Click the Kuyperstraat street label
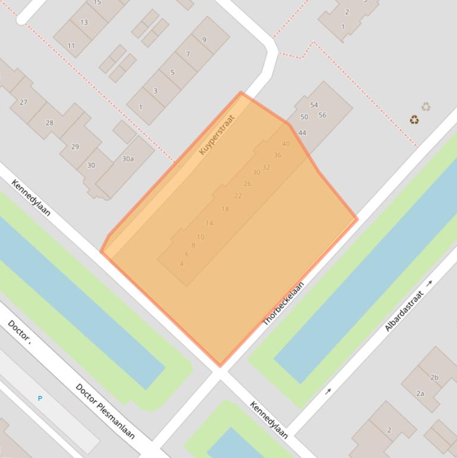coord(218,134)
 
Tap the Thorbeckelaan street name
coord(283,303)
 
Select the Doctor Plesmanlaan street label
coord(105,411)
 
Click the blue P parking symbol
coord(40,399)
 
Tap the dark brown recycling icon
coord(414,120)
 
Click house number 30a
coord(128,159)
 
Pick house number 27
coord(24,102)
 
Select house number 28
coord(49,123)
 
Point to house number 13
coord(84,23)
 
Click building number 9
coord(204,40)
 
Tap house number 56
coord(322,115)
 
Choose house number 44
coord(302,133)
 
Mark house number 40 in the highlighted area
coord(286,144)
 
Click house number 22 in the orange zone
coord(238,196)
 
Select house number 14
coord(209,223)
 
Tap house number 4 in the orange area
coord(181,264)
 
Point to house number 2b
coord(434,378)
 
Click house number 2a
coord(420,394)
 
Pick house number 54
coord(314,105)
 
